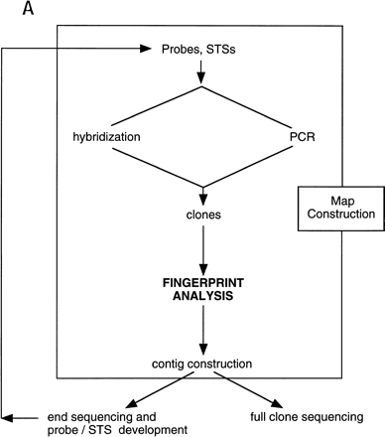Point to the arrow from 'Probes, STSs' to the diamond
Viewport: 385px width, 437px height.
[x=203, y=72]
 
